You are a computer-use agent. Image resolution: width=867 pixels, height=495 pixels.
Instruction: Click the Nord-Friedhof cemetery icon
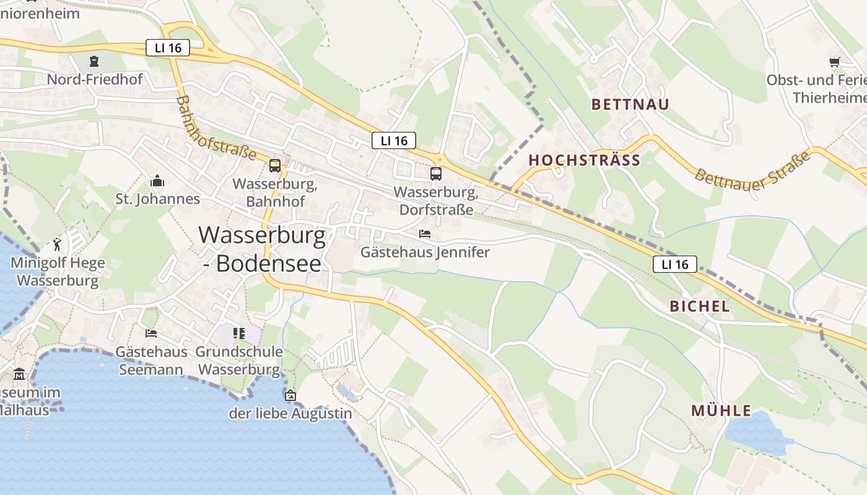(94, 61)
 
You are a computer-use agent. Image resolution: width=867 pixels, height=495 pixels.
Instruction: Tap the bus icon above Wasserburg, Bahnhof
(275, 165)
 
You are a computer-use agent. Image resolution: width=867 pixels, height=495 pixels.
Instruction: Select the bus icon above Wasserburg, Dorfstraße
(436, 173)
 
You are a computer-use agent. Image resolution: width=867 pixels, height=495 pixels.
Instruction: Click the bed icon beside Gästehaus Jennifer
(425, 234)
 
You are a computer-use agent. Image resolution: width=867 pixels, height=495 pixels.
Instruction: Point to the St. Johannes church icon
(157, 181)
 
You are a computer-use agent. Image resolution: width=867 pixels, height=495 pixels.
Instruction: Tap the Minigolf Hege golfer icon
(58, 244)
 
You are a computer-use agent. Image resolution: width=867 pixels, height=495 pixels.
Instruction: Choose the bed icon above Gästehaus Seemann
(151, 334)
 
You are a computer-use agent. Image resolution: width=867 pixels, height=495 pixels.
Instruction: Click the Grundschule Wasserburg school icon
(239, 334)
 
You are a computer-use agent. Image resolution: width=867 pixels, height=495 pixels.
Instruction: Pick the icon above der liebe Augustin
(290, 395)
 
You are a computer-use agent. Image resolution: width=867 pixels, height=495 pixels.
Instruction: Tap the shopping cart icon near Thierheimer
(835, 61)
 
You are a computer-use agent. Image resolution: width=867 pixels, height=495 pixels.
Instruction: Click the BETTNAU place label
(630, 104)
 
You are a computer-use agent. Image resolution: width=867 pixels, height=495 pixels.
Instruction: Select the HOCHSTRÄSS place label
(584, 160)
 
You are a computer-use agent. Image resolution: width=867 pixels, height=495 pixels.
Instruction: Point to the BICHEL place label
(700, 306)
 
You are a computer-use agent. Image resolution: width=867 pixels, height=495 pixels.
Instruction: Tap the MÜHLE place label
(721, 411)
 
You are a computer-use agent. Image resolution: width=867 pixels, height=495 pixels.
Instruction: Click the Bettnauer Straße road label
(752, 168)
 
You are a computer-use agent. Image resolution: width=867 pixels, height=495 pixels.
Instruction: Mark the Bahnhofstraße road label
(216, 127)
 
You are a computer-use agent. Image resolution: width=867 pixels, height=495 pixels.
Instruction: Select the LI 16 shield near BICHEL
(674, 264)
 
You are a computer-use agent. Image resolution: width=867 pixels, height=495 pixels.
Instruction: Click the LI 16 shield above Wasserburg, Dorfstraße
(394, 140)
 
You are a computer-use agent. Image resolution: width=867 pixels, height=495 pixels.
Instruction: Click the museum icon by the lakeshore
(19, 374)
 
